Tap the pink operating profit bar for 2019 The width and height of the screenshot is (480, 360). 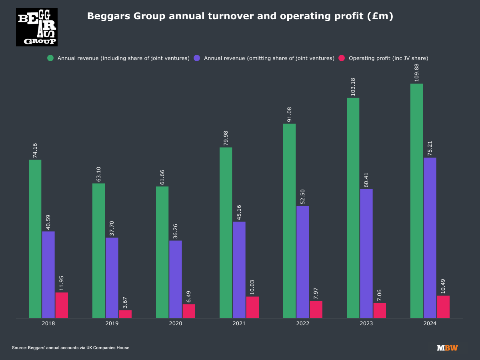tap(125, 314)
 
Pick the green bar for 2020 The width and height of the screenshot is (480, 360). tap(162, 252)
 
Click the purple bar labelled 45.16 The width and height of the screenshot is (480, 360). tap(239, 270)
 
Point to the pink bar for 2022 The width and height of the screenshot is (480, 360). tap(316, 310)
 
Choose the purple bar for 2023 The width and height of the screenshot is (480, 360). tap(366, 254)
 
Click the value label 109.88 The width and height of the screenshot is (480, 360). tap(417, 72)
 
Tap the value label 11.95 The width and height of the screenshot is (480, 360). tap(62, 280)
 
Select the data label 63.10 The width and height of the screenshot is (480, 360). tap(99, 171)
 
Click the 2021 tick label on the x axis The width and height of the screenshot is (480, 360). tap(239, 323)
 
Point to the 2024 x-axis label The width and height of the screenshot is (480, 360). tap(430, 323)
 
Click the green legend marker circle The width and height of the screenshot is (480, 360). tap(50, 58)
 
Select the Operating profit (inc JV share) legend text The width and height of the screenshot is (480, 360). tap(388, 58)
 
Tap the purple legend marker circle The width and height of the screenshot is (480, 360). tap(197, 58)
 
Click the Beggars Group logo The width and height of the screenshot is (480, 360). tap(37, 27)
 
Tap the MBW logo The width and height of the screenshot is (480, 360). tap(447, 348)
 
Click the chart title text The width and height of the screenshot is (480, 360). tap(240, 16)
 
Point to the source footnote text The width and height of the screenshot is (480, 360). tap(71, 348)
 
